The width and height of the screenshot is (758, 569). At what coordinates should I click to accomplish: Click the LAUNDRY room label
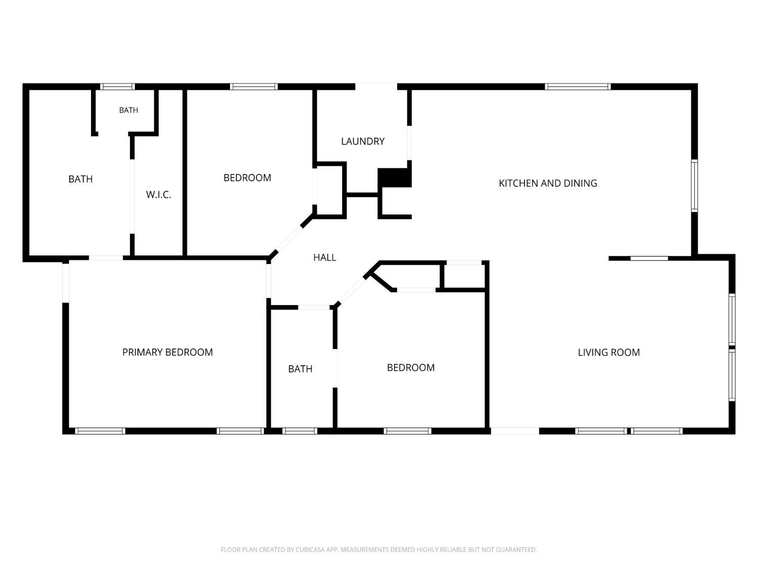tap(363, 141)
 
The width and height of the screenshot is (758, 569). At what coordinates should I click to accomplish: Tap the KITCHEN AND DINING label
tap(548, 183)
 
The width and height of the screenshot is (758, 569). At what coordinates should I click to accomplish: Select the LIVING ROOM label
tap(608, 353)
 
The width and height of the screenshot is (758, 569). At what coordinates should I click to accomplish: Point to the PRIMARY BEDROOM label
tap(167, 352)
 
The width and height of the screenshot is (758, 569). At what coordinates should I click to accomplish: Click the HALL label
tap(324, 257)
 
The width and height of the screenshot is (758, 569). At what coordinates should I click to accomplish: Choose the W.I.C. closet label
tap(159, 195)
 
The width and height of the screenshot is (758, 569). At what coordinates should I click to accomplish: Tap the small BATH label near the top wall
tap(128, 110)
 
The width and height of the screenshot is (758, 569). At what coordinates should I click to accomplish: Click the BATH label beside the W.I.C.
tap(80, 179)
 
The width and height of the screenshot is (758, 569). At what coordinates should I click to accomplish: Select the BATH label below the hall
tap(300, 369)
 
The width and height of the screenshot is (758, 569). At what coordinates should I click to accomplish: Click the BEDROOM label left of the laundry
tap(247, 178)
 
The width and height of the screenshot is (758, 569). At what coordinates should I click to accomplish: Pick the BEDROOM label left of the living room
tap(411, 368)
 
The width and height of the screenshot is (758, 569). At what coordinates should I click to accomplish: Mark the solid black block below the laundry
tap(394, 178)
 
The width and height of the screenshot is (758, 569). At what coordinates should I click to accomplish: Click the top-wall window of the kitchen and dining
tap(578, 86)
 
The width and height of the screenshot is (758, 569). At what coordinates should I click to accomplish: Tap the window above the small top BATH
tap(117, 86)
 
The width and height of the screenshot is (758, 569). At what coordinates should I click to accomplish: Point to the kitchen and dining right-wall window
tap(694, 186)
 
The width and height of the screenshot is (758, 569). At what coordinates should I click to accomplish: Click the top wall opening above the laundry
tap(376, 86)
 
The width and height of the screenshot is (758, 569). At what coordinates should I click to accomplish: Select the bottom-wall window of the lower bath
tap(299, 431)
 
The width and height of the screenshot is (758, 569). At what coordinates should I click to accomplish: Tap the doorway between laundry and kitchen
tap(409, 143)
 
